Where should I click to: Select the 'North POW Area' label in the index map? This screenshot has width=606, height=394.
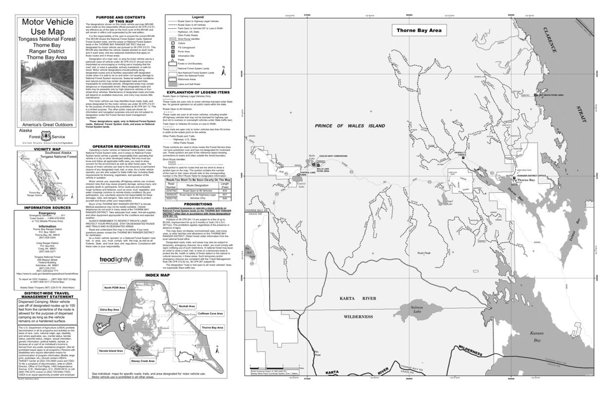[x=115, y=287]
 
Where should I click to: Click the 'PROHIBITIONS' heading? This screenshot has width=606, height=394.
[x=194, y=204]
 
